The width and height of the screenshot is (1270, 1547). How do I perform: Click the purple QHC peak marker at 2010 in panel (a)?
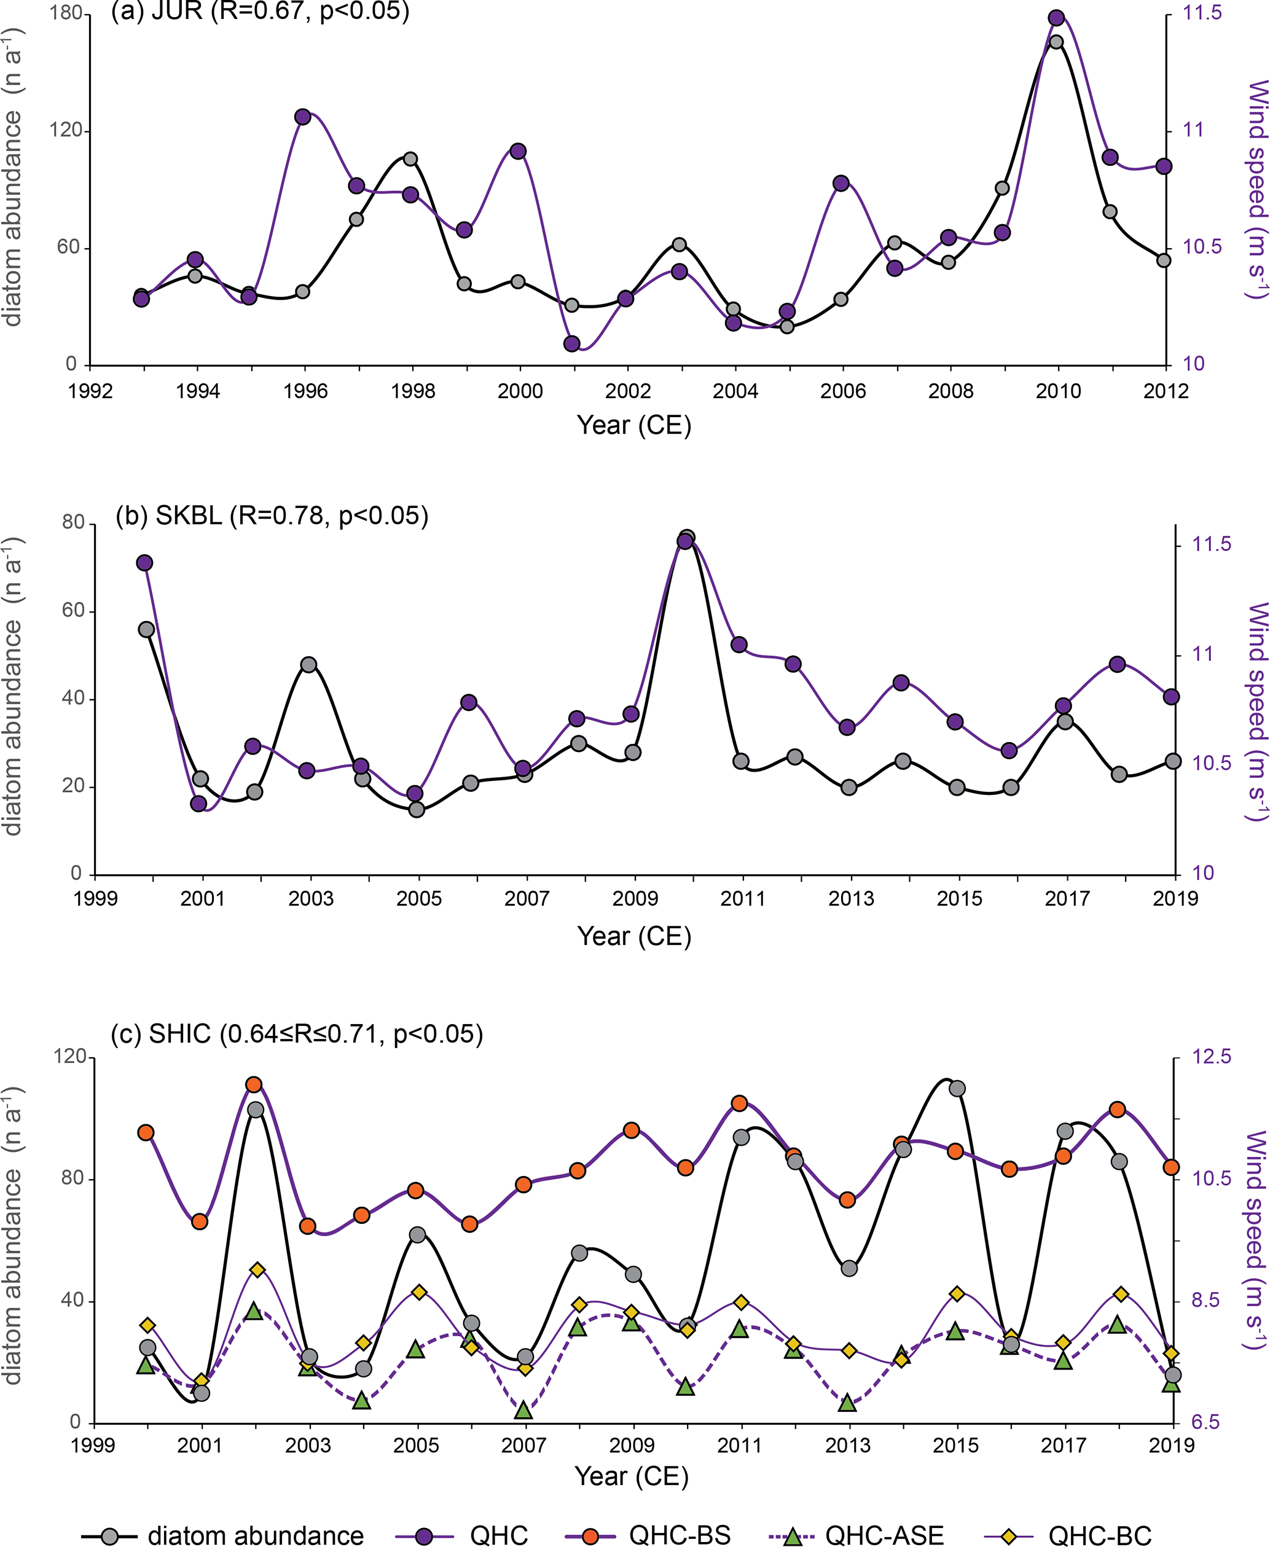click(1056, 18)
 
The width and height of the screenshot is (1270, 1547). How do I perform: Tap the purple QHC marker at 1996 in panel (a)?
click(303, 117)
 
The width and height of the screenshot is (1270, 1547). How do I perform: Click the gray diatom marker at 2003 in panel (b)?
click(308, 665)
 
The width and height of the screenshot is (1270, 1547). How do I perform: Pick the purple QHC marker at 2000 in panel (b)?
click(145, 563)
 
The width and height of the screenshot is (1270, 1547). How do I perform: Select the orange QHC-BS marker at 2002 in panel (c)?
click(254, 1084)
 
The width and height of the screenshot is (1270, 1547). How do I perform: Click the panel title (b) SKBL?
click(272, 515)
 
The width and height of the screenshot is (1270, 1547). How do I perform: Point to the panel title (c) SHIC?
click(296, 1033)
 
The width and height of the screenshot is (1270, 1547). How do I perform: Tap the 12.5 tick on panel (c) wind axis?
click(1212, 1056)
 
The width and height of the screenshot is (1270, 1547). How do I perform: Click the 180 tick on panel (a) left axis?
click(65, 14)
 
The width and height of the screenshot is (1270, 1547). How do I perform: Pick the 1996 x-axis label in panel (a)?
click(306, 391)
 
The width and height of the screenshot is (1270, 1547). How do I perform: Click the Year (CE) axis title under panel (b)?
click(633, 936)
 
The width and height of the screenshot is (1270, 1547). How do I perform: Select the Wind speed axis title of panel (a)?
click(1256, 190)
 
